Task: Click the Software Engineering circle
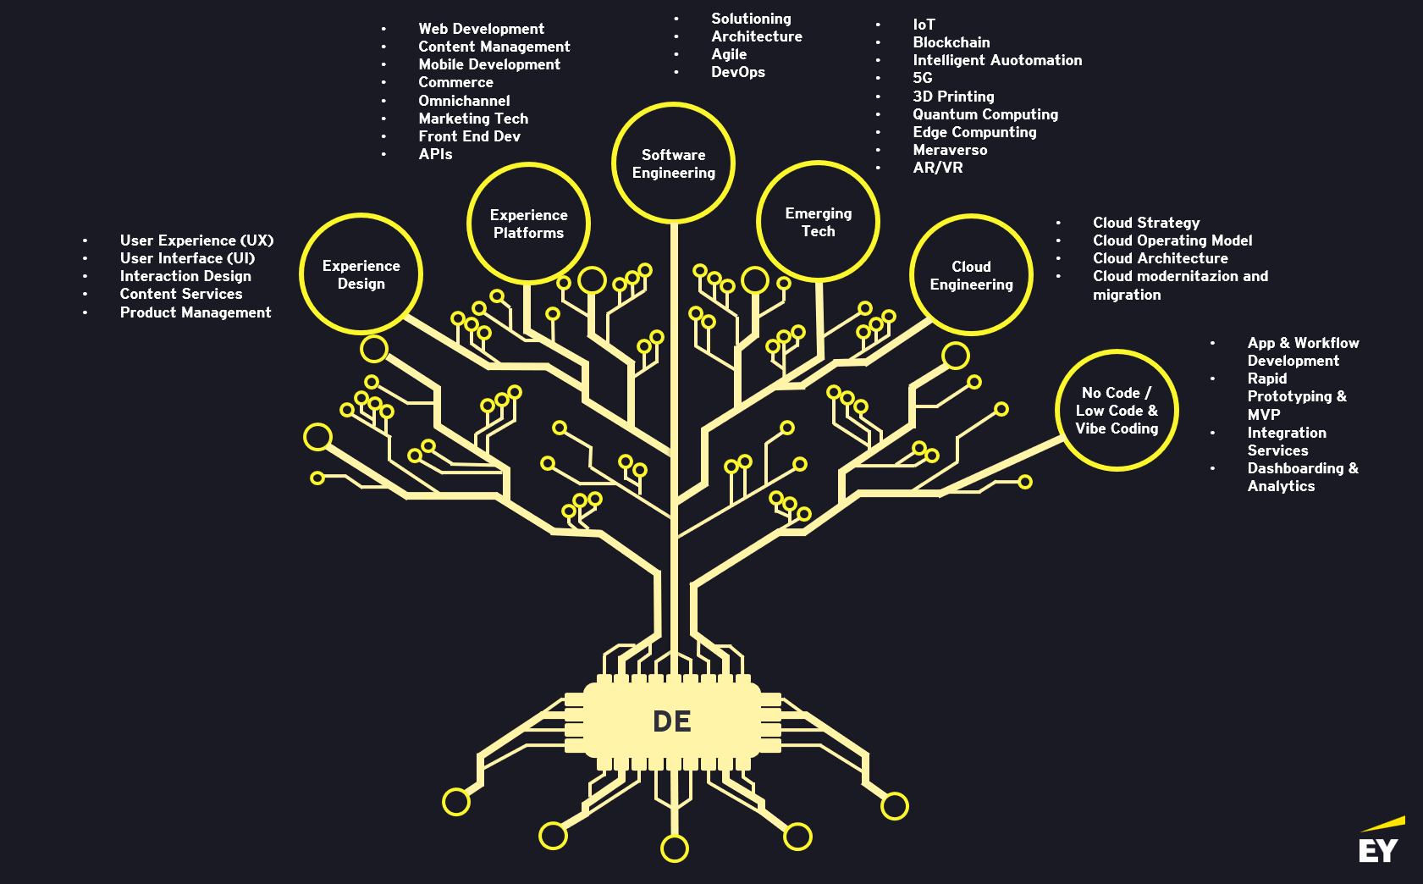673,163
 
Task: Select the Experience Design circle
361,274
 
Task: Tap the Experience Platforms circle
528,224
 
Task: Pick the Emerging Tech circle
818,222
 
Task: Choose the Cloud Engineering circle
971,275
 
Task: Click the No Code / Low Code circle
1117,411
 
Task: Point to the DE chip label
672,721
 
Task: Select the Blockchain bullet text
951,42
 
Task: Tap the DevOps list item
737,72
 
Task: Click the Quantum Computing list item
985,114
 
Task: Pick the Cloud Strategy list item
1145,223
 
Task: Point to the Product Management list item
195,312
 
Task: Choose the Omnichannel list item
464,101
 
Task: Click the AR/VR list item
937,168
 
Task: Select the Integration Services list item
1286,441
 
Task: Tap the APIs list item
435,154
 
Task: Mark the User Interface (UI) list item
187,258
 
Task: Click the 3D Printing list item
953,97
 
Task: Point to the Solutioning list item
751,19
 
